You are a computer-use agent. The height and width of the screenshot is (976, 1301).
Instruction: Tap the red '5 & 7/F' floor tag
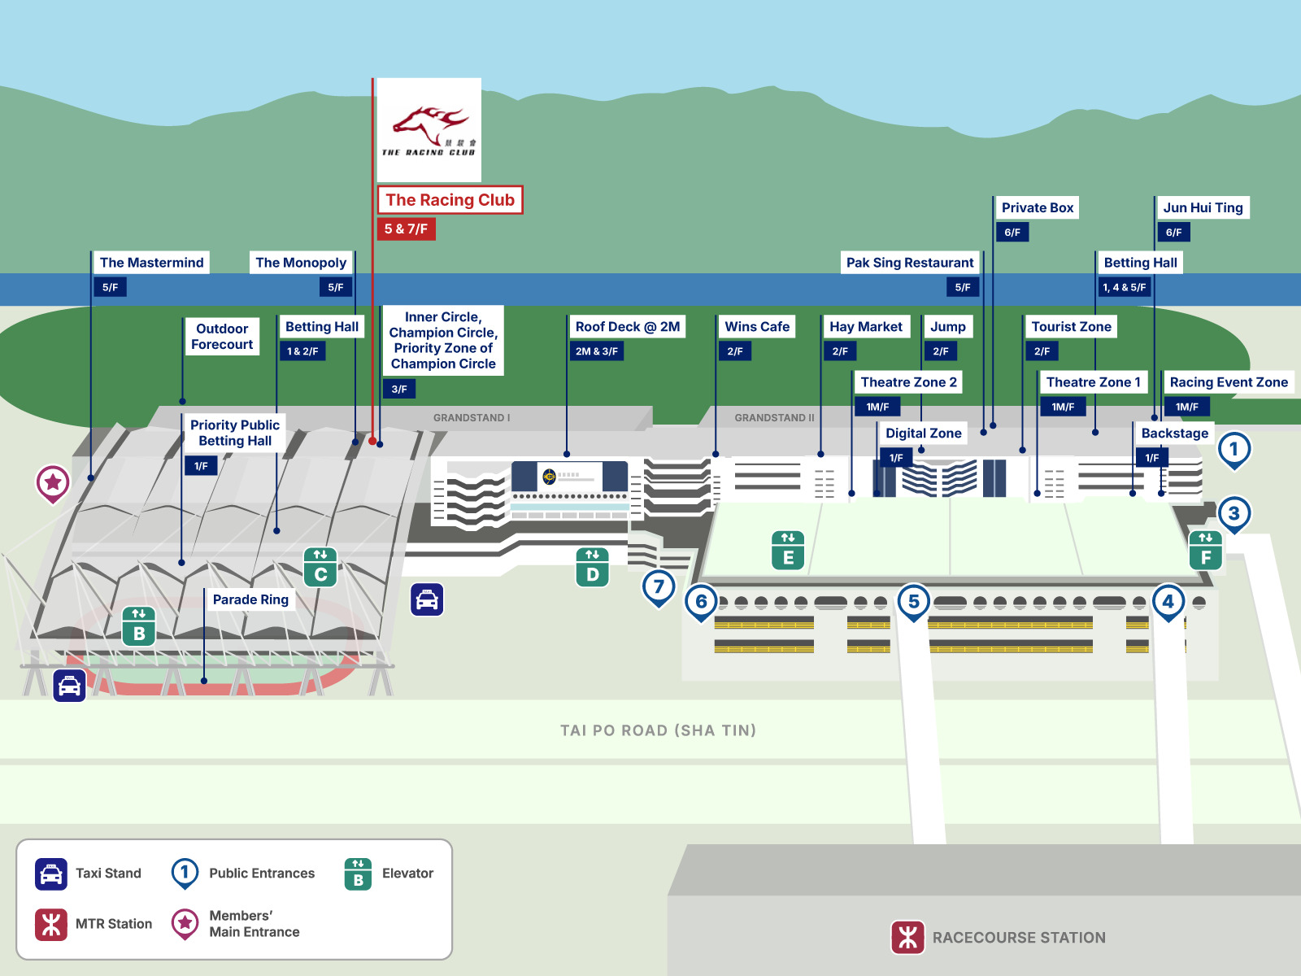[406, 229]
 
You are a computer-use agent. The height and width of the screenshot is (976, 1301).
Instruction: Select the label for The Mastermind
[151, 263]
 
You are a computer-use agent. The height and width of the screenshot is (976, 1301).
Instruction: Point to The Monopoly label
[301, 263]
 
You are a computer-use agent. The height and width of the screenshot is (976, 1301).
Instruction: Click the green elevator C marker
[320, 567]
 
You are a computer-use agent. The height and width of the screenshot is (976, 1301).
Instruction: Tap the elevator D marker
[592, 567]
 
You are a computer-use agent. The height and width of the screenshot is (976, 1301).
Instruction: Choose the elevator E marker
[788, 550]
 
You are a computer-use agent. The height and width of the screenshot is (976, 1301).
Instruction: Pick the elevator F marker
[1205, 550]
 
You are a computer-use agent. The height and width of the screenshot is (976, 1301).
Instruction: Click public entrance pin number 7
[659, 586]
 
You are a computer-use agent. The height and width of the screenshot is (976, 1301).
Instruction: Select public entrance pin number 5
[913, 602]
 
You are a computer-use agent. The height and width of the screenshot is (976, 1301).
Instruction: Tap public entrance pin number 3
[1234, 513]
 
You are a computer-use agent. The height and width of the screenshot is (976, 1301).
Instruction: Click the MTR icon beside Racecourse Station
[908, 937]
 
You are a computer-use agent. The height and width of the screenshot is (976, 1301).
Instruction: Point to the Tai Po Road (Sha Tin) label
[658, 730]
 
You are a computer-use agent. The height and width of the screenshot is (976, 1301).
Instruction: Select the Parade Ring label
[250, 599]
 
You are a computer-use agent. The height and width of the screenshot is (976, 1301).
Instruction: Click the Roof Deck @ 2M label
[627, 327]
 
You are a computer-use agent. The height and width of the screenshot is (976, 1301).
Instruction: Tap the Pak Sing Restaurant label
[909, 263]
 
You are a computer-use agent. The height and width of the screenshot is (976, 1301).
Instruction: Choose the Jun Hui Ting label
[1203, 207]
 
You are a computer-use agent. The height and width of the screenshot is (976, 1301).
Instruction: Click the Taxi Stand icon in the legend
[51, 874]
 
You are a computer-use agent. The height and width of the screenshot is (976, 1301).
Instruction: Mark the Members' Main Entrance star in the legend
[185, 923]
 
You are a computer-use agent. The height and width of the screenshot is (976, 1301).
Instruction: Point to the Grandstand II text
[774, 418]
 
